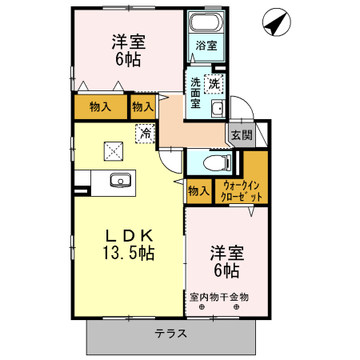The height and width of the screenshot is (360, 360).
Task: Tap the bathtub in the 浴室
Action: coord(206,22)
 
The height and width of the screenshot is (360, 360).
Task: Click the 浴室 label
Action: coord(206,46)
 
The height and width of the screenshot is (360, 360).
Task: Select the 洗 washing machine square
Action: coord(214,82)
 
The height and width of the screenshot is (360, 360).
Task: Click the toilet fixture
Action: coord(214,164)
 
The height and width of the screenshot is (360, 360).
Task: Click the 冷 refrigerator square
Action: coord(146,134)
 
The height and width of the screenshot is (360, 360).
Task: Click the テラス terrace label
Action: coord(170,333)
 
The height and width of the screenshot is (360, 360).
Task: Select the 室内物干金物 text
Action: coord(219,296)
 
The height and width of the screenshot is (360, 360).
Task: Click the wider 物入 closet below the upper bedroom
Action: coord(100,106)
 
